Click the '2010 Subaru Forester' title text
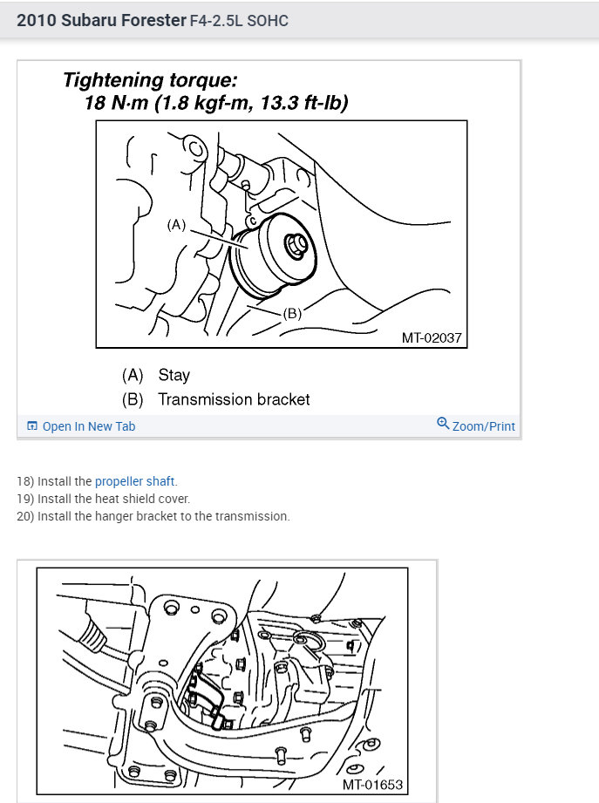[101, 19]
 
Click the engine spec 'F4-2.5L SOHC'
[239, 20]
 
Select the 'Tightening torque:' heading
[149, 81]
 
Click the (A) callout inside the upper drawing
[177, 225]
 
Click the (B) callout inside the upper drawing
[292, 314]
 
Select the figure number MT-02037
[432, 337]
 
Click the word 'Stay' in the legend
[174, 375]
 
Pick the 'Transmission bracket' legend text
[234, 399]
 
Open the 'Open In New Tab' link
[88, 426]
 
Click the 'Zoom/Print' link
[483, 426]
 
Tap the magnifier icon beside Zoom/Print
[443, 425]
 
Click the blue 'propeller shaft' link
[134, 481]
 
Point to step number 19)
[25, 499]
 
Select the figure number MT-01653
[372, 785]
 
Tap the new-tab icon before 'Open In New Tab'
[32, 426]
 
